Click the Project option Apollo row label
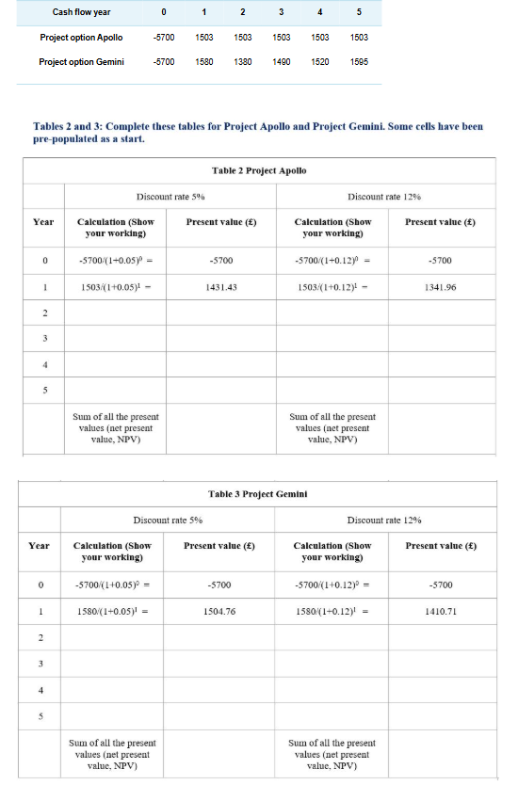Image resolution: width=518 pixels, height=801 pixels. pos(81,38)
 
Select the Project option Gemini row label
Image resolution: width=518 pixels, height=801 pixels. pos(82,62)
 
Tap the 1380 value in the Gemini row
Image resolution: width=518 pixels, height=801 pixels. pos(243,62)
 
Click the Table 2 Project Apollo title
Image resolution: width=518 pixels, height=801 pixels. pos(259,170)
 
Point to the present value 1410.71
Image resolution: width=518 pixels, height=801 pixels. pos(439,612)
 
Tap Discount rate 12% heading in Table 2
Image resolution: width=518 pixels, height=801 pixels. pos(384,197)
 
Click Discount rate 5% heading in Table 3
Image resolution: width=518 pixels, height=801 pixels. pos(168,520)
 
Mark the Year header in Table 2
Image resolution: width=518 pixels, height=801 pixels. pos(42,222)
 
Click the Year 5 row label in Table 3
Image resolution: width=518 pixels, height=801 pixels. pos(41,715)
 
